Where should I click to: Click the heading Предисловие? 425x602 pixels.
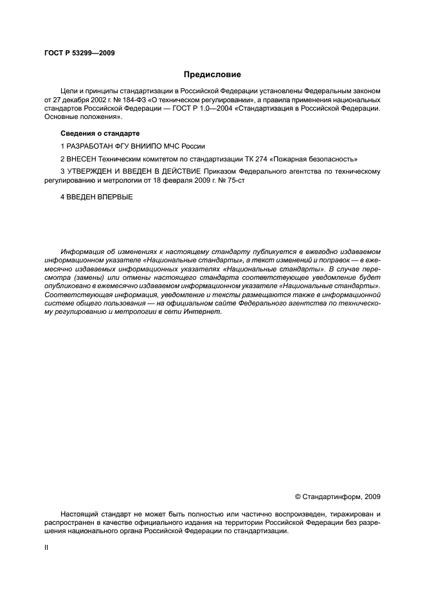(212, 75)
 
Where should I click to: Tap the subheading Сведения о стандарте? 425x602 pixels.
(100, 133)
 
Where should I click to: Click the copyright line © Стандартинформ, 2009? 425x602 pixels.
(337, 497)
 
